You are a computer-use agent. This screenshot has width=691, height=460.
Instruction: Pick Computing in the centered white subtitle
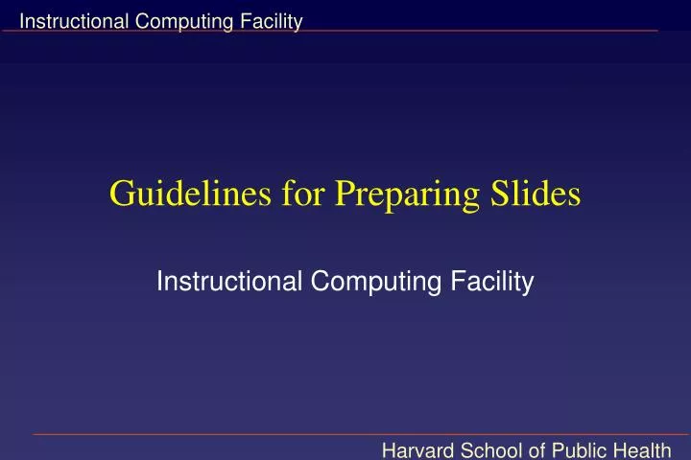[x=369, y=283]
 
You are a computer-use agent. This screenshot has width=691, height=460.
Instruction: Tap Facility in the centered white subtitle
[x=495, y=283]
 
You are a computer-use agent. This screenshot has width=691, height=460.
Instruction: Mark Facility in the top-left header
[x=275, y=22]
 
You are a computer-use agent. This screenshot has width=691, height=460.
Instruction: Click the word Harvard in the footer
[x=418, y=447]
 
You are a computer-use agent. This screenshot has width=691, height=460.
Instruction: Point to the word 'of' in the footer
[x=534, y=447]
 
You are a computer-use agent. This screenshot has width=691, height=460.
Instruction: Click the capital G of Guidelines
[x=121, y=194]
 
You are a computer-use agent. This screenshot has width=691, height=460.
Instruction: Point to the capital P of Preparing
[x=343, y=194]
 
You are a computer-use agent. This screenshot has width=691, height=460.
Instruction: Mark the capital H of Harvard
[x=390, y=447]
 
